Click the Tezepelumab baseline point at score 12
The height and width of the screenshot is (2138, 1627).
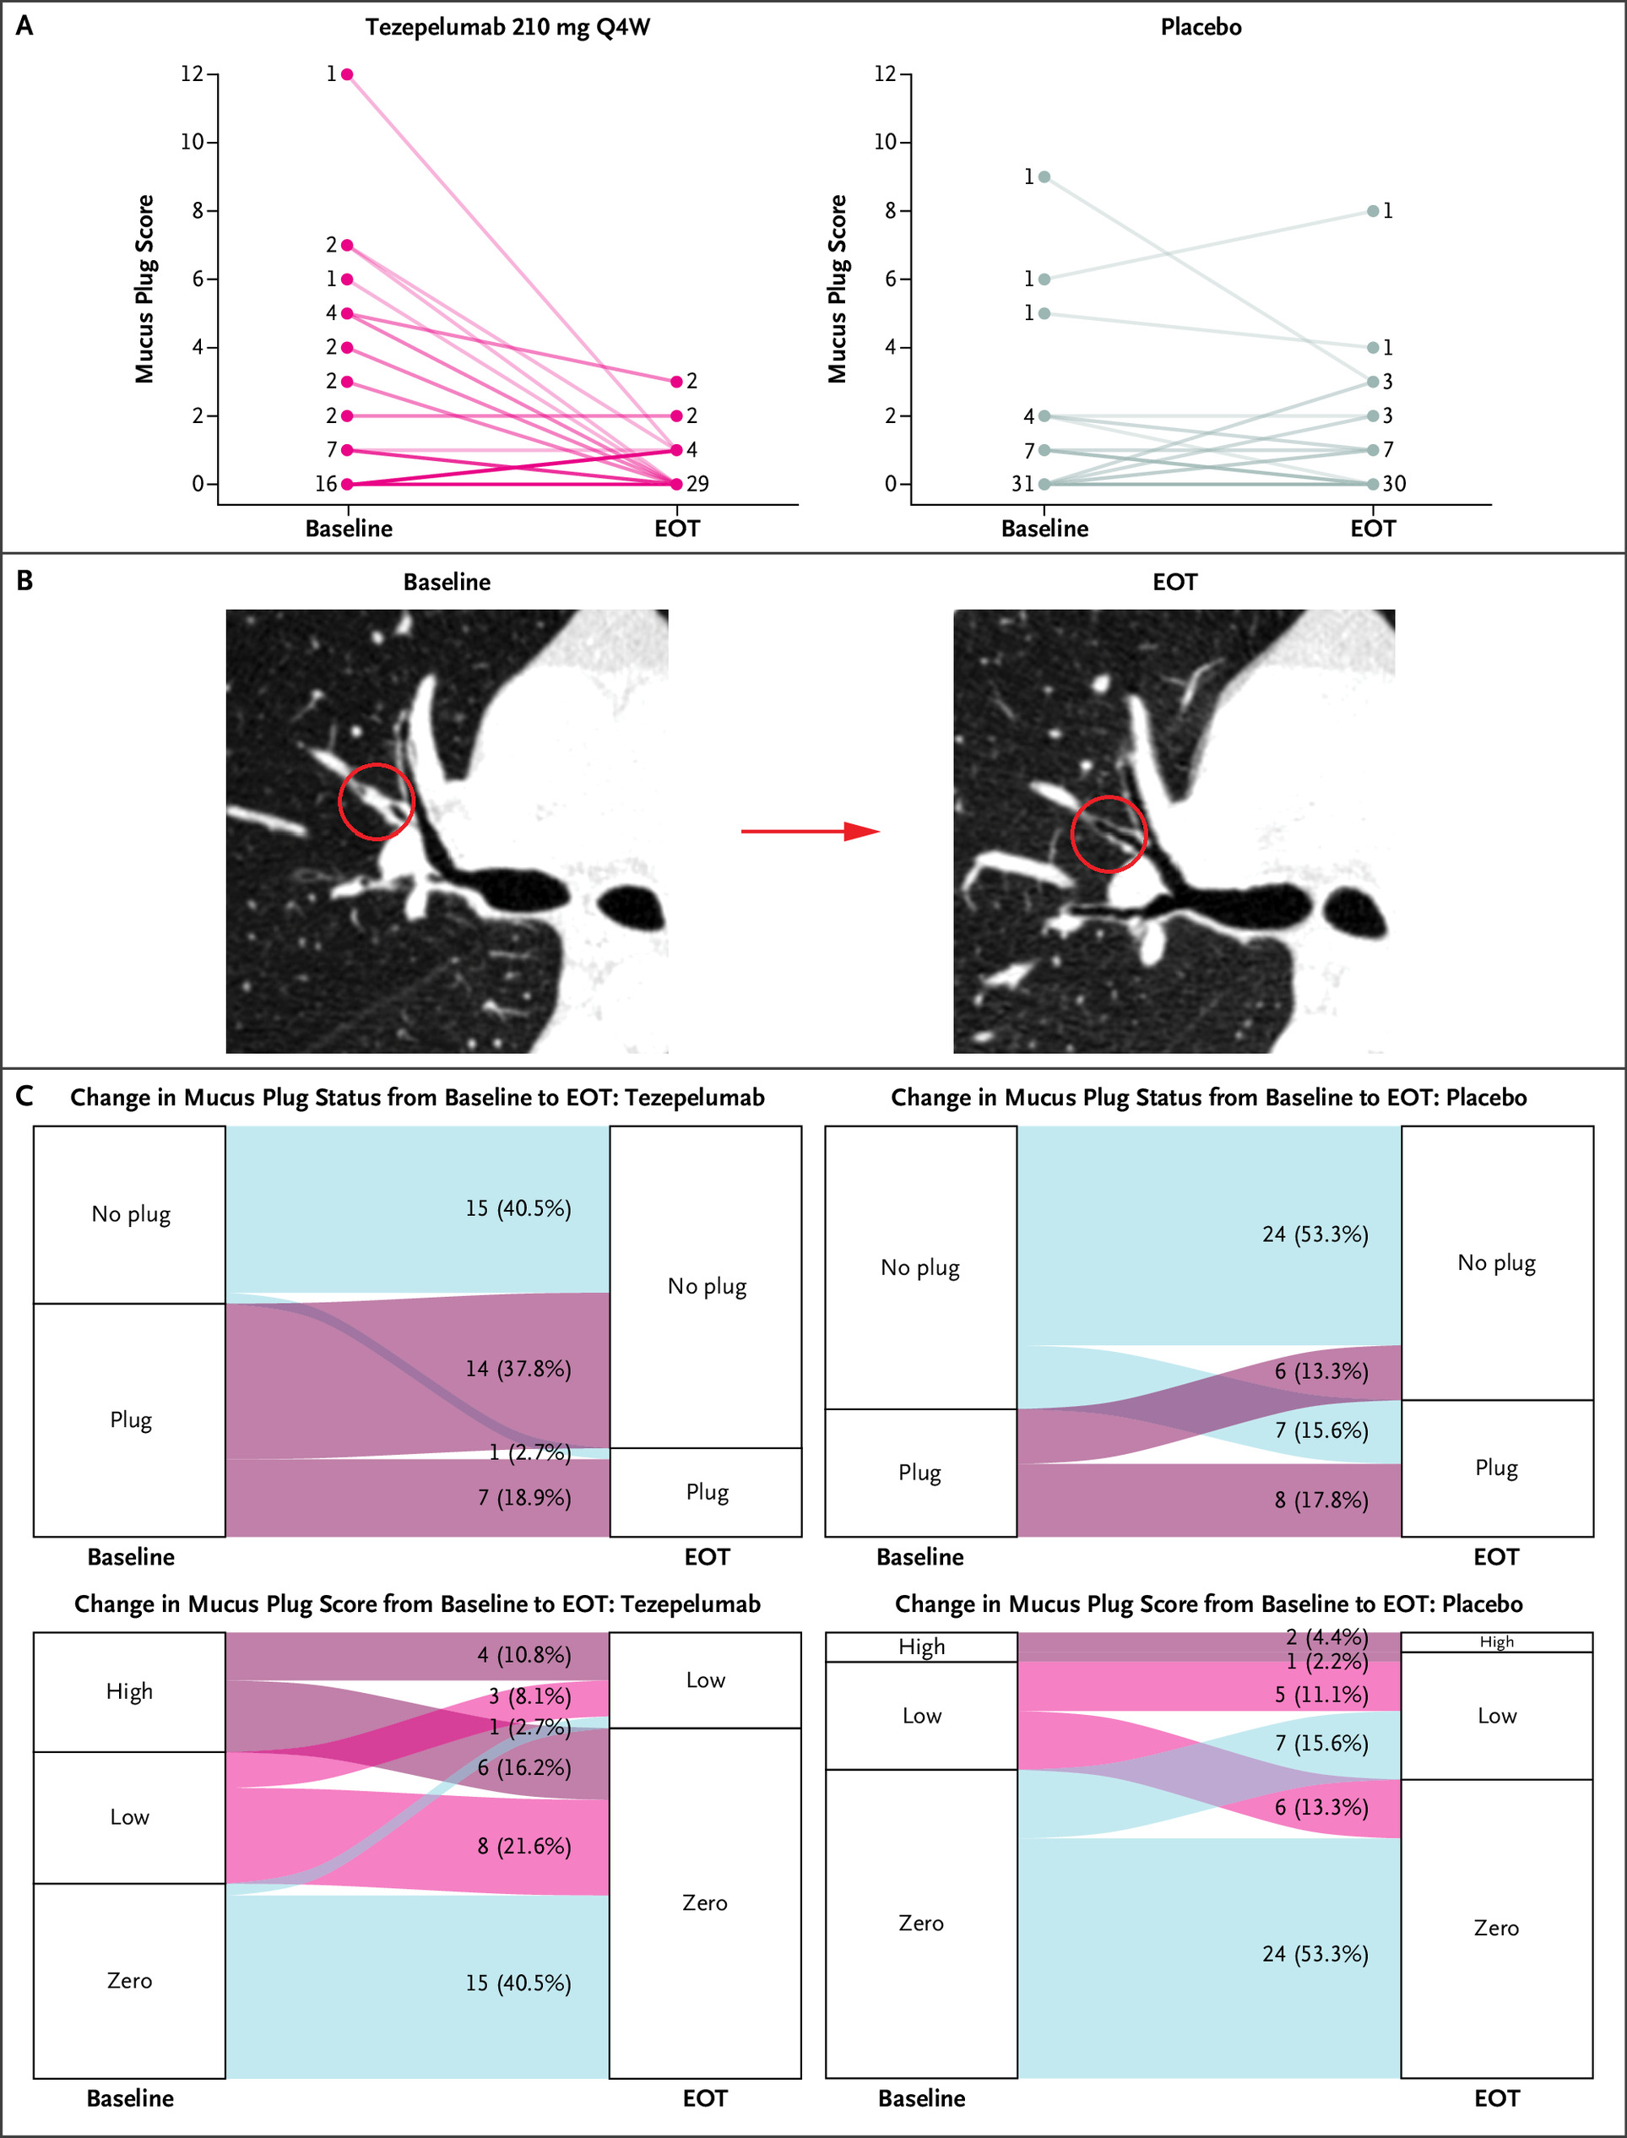pos(347,74)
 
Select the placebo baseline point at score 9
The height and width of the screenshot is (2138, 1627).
pos(1044,177)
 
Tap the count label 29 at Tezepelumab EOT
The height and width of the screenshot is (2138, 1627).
pos(697,484)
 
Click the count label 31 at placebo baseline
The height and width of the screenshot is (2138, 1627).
pos(1022,484)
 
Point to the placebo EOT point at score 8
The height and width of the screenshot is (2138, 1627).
pos(1372,211)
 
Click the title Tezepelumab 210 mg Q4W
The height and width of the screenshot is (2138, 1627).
pos(507,27)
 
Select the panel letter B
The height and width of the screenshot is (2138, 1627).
pos(25,581)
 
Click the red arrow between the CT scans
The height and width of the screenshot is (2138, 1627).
pos(810,831)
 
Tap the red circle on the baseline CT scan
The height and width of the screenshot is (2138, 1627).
pos(377,800)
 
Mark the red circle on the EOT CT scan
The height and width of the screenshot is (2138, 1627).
pos(1108,833)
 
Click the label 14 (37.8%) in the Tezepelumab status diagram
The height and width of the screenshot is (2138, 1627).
pos(518,1368)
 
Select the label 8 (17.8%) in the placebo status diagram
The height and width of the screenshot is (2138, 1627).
pos(1321,1500)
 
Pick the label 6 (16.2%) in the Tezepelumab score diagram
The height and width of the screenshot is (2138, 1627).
pos(524,1767)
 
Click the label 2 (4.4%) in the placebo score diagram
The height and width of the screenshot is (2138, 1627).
pos(1326,1637)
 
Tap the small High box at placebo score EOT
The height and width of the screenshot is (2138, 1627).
pos(1496,1642)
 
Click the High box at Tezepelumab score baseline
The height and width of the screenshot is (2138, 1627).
pos(130,1691)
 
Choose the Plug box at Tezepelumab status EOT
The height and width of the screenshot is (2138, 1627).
pos(706,1492)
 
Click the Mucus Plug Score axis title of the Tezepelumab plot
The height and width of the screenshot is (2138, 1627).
pos(144,289)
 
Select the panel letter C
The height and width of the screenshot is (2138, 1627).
pos(25,1096)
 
